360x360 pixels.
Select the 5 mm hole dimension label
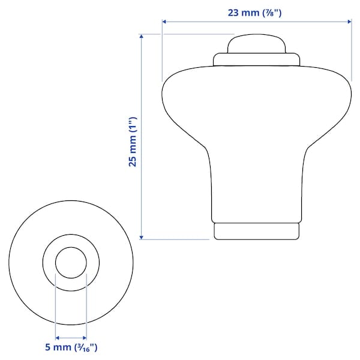point(71,347)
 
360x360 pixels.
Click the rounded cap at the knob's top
point(257,44)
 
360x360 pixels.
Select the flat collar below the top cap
point(257,59)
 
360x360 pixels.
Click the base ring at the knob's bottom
point(257,231)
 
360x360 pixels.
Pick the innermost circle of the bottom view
point(71,263)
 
